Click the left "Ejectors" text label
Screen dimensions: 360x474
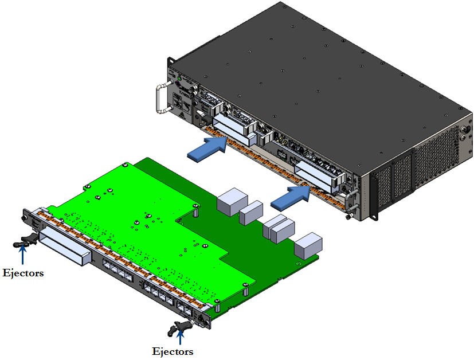coord(23,273)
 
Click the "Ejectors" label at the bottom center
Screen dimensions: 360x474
coord(172,351)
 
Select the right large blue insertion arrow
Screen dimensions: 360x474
coord(290,196)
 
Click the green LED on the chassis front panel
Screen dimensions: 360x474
coord(179,78)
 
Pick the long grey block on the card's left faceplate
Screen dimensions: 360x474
coord(64,245)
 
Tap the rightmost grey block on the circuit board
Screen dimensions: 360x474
coord(308,245)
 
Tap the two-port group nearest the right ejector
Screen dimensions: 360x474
coord(186,309)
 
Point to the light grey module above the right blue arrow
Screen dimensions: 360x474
coord(317,173)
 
